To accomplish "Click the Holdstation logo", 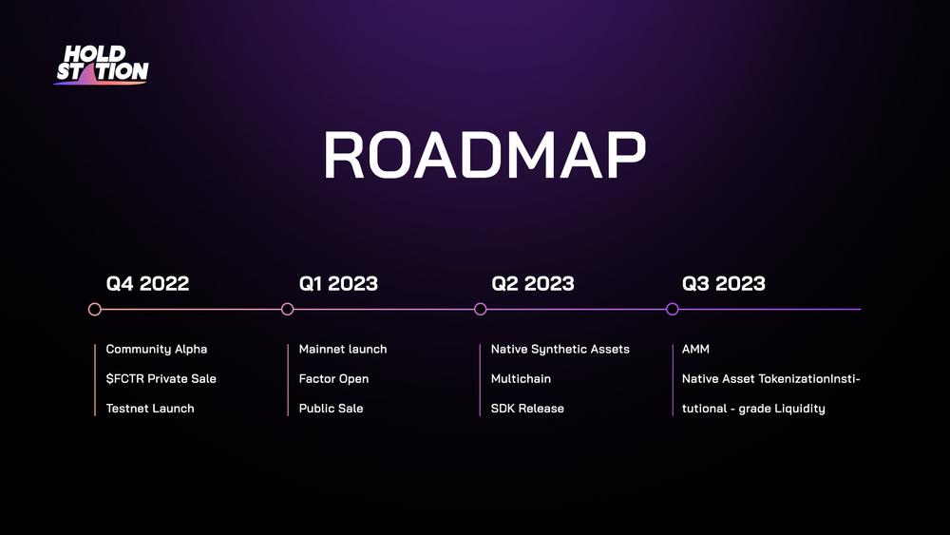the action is [x=102, y=65].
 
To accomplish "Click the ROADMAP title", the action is [x=484, y=155].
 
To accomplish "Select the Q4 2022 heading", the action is [x=147, y=283].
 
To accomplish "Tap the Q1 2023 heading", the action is [x=338, y=283].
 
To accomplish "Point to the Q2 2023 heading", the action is [x=533, y=283].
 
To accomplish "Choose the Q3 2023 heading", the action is [x=723, y=283].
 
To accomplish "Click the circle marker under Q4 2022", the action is [x=94, y=310].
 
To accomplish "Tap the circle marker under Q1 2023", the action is [x=287, y=310].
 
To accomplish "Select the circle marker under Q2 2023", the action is [x=481, y=310].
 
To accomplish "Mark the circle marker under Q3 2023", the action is [x=672, y=310].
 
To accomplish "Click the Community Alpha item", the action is [x=157, y=350].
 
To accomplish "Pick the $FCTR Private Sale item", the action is [x=161, y=378].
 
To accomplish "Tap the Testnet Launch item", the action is [x=150, y=409].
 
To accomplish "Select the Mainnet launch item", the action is [x=342, y=349].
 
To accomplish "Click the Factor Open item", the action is [x=333, y=379].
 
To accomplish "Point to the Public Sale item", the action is [x=331, y=409].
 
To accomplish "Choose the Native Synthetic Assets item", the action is [x=560, y=350].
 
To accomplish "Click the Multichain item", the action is [x=521, y=378].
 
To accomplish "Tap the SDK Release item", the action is [x=527, y=409].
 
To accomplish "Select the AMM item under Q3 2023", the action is [x=695, y=349].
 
